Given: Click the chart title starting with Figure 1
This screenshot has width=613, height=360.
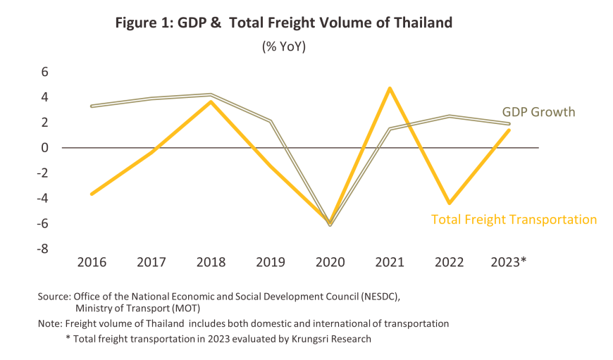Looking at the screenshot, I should click(x=284, y=23).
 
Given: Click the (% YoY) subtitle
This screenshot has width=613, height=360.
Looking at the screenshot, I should click(x=284, y=47).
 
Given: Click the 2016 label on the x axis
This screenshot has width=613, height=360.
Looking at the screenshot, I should click(x=92, y=262).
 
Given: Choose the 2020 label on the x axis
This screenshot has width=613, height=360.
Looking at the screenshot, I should click(x=330, y=262).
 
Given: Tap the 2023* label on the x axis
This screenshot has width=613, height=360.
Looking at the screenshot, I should click(x=509, y=262).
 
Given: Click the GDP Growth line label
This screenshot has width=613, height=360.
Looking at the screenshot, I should click(x=538, y=112).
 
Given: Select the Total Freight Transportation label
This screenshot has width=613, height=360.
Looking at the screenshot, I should click(x=514, y=219).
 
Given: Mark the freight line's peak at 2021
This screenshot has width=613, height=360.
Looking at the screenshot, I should click(x=390, y=88).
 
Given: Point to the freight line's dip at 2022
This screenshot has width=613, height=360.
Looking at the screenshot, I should click(x=449, y=204).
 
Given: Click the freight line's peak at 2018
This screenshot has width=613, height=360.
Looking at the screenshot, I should click(x=211, y=101).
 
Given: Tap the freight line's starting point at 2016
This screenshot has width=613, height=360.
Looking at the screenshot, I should click(x=92, y=194).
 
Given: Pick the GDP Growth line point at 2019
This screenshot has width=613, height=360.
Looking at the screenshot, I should click(x=270, y=121).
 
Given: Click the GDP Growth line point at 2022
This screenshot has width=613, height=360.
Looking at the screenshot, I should click(x=449, y=116).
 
